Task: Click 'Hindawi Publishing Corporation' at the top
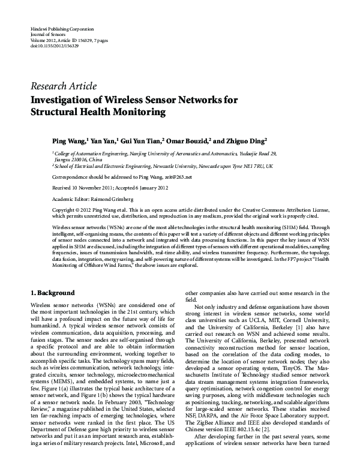[x=62, y=29]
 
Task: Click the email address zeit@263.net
[x=178, y=178]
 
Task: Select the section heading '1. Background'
[x=52, y=294]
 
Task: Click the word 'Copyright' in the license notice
[x=66, y=210]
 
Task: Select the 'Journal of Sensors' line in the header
[x=47, y=34]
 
